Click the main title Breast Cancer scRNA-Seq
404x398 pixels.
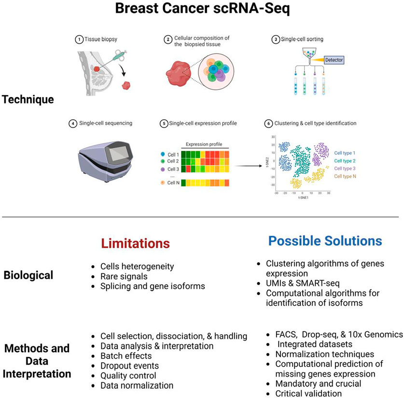tap(202, 10)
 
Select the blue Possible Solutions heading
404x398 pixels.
tap(325, 241)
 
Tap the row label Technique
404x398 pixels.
tap(28, 100)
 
